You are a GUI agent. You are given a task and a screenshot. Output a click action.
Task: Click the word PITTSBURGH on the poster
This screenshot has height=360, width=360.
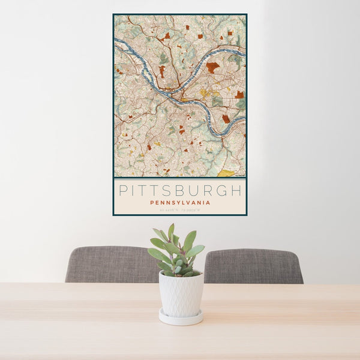tap(180, 191)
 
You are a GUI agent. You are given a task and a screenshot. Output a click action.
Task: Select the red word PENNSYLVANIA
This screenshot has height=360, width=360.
tap(180, 203)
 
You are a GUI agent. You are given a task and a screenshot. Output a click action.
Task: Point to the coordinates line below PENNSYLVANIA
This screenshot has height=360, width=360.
tap(180, 209)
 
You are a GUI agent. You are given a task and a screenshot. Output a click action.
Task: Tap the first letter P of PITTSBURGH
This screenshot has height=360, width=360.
tap(123, 191)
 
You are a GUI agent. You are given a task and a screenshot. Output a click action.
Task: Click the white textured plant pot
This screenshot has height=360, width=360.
tap(181, 294)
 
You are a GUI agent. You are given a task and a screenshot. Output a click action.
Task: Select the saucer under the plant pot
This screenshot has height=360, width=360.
tap(181, 318)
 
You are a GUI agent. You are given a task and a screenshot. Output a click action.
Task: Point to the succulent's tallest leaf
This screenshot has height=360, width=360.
tap(171, 232)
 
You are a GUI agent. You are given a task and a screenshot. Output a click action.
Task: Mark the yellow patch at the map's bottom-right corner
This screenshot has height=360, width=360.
tap(227, 173)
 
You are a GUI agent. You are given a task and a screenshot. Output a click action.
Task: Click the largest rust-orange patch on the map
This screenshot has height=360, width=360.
tap(212, 67)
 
